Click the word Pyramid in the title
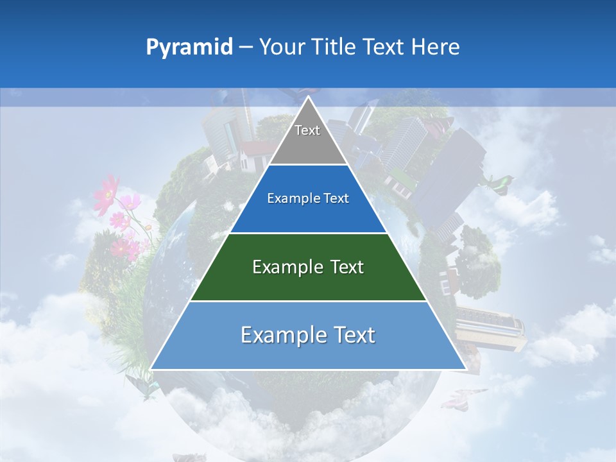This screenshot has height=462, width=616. tap(189, 47)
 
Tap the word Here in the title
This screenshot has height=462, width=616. tap(435, 47)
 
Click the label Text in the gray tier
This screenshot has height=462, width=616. tap(307, 130)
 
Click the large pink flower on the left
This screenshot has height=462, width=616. tap(107, 193)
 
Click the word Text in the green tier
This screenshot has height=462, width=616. tap(347, 267)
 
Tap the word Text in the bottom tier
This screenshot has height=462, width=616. tap(353, 335)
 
